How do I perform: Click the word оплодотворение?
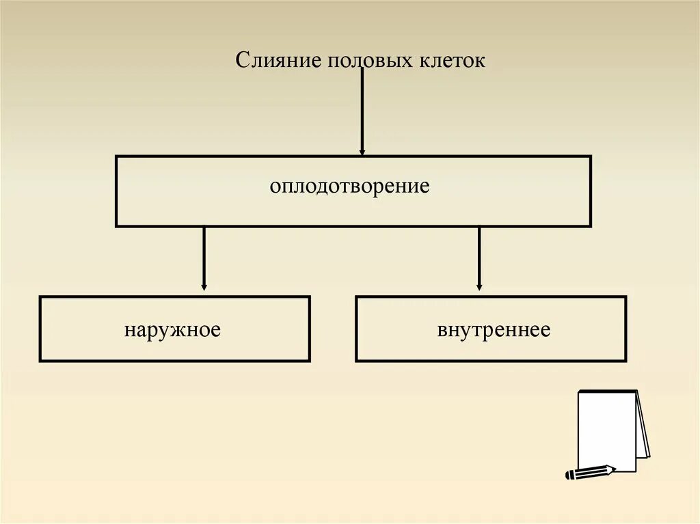pyautogui.click(x=349, y=186)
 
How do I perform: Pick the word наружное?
pyautogui.click(x=172, y=330)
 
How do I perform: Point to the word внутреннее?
pyautogui.click(x=494, y=330)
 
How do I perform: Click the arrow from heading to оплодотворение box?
pyautogui.click(x=362, y=109)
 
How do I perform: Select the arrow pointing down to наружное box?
pyautogui.click(x=204, y=256)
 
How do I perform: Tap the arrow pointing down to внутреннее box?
pyautogui.click(x=479, y=256)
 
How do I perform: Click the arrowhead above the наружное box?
pyautogui.click(x=204, y=286)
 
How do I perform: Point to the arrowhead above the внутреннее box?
pyautogui.click(x=479, y=286)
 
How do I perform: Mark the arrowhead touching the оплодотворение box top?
pyautogui.click(x=362, y=151)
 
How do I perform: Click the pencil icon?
pyautogui.click(x=589, y=471)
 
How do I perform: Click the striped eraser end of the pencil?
pyautogui.click(x=569, y=475)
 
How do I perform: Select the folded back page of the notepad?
pyautogui.click(x=643, y=427)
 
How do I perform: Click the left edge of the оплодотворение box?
pyautogui.click(x=116, y=191)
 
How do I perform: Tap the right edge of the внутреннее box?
pyautogui.click(x=625, y=329)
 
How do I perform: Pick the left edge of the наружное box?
pyautogui.click(x=40, y=329)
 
